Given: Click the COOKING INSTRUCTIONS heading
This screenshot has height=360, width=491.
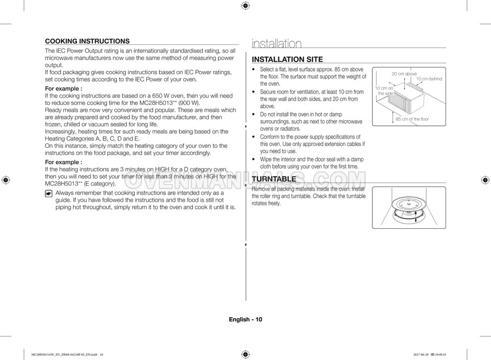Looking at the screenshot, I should [x=87, y=41].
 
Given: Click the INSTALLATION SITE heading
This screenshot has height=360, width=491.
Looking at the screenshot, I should [x=287, y=60].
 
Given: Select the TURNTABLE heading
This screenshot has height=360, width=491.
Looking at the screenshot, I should [x=274, y=179].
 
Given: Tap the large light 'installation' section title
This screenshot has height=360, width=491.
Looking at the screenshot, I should [x=277, y=44].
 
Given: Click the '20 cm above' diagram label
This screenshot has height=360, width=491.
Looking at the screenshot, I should [x=404, y=74].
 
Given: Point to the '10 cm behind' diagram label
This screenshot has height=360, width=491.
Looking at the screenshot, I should [x=429, y=79].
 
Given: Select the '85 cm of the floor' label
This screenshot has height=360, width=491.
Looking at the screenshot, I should [x=412, y=119].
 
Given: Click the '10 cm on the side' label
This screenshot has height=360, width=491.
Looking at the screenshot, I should [x=384, y=91].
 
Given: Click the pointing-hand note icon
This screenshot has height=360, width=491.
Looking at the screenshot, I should [x=49, y=193].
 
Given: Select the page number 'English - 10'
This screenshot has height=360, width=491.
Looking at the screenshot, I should [x=245, y=320].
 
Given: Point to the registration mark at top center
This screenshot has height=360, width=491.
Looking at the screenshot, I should [x=245, y=6].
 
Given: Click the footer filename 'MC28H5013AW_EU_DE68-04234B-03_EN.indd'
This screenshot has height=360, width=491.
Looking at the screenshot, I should [x=61, y=354].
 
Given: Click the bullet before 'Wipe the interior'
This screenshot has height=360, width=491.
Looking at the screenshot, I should [x=254, y=159].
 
